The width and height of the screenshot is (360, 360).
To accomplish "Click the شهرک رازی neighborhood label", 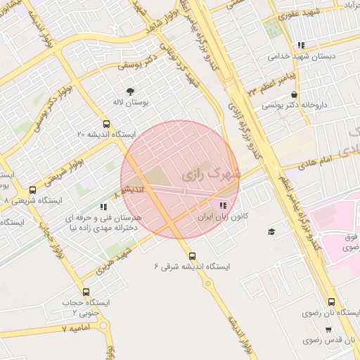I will click(211, 172).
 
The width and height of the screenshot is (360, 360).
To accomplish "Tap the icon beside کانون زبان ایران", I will click(223, 206).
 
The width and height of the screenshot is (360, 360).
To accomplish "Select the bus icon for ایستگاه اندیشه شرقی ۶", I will click(193, 256).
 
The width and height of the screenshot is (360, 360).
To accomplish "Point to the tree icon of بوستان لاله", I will click(130, 91).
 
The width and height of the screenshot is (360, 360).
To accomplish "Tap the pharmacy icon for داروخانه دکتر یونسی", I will click(294, 94).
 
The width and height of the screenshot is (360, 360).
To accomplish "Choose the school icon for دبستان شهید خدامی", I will click(301, 44).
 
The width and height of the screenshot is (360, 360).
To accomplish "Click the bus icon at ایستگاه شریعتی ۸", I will click(32, 190).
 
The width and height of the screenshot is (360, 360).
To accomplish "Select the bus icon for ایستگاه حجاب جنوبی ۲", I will click(86, 292).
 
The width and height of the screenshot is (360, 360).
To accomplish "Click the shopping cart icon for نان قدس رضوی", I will click(328, 329).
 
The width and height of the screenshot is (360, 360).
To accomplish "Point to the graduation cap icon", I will click(271, 231).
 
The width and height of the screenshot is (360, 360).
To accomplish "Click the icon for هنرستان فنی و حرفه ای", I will click(103, 207).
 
